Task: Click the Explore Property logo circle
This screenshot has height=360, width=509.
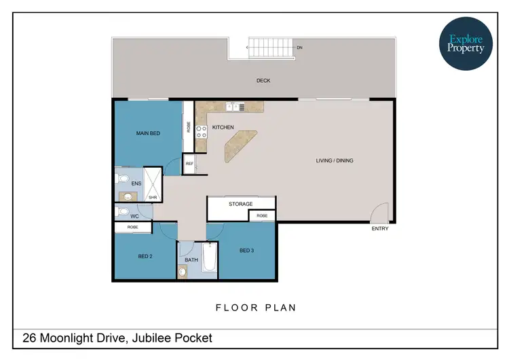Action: click(x=465, y=43)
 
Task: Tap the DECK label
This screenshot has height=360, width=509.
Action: click(x=263, y=81)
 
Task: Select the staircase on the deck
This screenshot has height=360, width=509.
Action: click(x=271, y=48)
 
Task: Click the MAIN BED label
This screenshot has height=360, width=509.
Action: click(x=148, y=133)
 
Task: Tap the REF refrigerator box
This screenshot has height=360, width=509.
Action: click(x=190, y=164)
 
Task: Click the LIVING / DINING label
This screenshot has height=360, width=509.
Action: click(x=335, y=161)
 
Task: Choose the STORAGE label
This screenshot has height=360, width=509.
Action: click(x=240, y=204)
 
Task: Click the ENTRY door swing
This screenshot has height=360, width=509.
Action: click(x=380, y=213)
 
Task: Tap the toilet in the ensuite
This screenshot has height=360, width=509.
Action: click(x=122, y=179)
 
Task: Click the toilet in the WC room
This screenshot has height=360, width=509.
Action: click(x=123, y=212)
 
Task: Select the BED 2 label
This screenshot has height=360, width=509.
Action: click(x=145, y=256)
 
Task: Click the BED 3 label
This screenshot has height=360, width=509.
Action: click(x=246, y=251)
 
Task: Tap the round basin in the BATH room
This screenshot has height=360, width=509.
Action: click(x=183, y=273)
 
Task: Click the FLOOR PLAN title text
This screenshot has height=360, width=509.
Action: click(x=256, y=308)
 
